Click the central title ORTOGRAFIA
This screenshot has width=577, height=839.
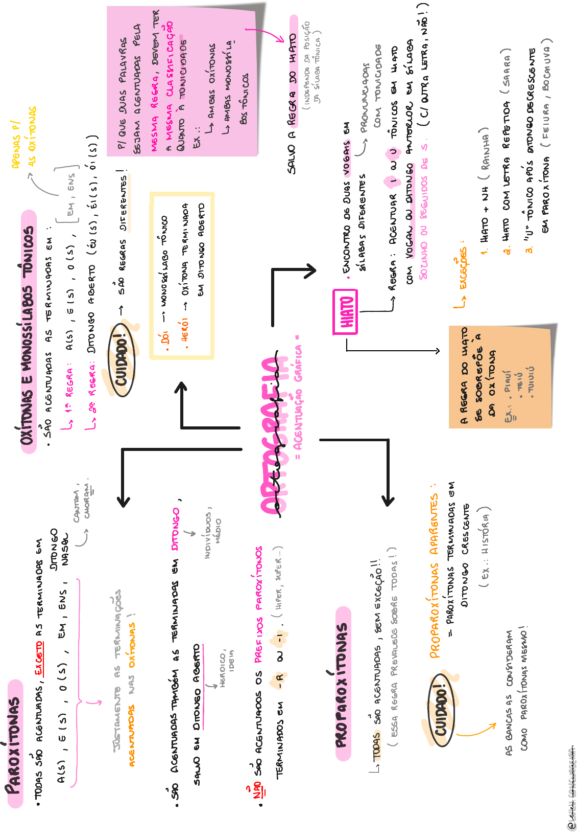click(274, 435)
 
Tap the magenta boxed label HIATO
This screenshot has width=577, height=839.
click(346, 312)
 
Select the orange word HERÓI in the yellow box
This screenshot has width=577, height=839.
click(185, 330)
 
